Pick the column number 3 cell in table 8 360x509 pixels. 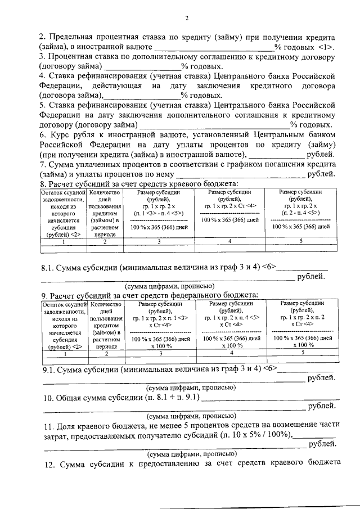pyautogui.click(x=159, y=241)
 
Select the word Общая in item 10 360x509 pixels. pyautogui.click(x=70, y=398)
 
